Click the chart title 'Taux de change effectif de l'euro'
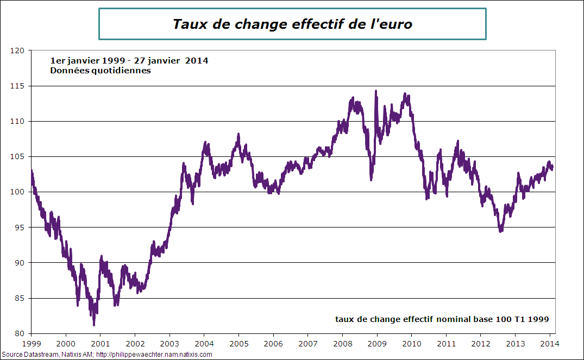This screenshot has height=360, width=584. [x=292, y=24]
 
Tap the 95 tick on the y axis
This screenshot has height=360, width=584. [x=20, y=228]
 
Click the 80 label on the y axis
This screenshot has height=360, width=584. [x=20, y=333]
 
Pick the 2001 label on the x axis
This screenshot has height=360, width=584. [x=100, y=343]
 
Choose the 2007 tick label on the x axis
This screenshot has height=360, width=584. [x=307, y=343]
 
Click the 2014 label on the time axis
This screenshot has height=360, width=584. [x=550, y=343]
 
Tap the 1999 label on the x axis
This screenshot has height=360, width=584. [x=31, y=343]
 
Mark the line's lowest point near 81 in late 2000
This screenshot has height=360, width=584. [x=94, y=325]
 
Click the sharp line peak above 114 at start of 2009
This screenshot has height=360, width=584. [x=376, y=91]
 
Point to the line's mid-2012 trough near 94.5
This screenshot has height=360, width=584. [x=500, y=231]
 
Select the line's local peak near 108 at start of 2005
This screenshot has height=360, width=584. [x=238, y=134]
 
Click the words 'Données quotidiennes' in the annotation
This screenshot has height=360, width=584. [x=101, y=71]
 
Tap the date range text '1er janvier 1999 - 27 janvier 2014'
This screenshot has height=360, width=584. [x=129, y=60]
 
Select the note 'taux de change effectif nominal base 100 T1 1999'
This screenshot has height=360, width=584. [x=442, y=319]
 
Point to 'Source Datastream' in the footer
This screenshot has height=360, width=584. [x=24, y=355]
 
